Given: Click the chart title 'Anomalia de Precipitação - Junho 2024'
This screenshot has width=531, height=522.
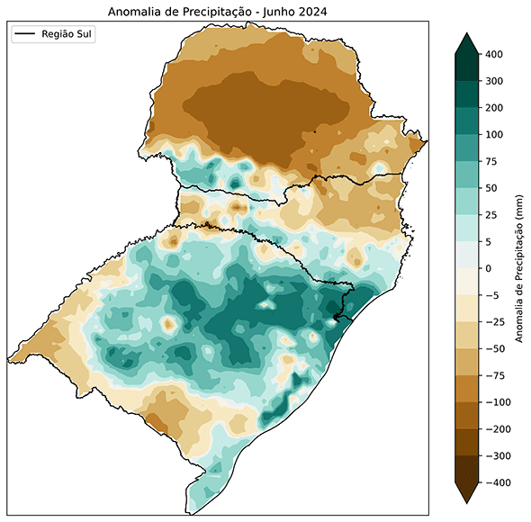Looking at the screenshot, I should point(217,12).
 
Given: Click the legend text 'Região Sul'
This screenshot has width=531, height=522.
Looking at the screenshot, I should point(67,34).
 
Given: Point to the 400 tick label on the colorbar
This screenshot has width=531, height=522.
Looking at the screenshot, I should point(494,55).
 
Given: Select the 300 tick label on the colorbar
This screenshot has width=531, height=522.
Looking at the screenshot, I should point(494,82).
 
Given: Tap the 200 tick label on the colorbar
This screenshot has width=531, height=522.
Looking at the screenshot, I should point(494,108).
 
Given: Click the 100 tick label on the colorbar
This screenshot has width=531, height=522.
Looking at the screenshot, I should point(494,135).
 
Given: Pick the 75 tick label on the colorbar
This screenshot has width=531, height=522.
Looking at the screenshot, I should point(491,162).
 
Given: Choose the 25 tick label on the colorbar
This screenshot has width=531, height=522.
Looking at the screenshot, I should point(491,215).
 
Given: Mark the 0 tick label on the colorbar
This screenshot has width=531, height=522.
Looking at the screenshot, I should point(489,269).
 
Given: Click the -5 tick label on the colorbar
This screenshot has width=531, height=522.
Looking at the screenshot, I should point(490,295).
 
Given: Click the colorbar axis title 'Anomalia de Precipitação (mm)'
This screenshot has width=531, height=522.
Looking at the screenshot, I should point(520,269).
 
